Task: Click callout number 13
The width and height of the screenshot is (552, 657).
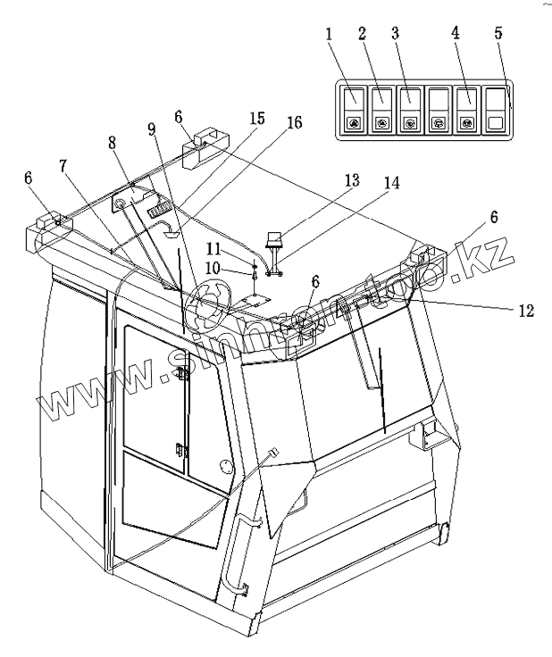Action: [353, 180]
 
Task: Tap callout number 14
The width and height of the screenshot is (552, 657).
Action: [391, 183]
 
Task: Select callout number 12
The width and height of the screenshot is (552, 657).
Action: [526, 311]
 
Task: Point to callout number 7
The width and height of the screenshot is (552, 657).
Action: [63, 166]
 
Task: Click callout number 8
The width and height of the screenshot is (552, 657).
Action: [112, 143]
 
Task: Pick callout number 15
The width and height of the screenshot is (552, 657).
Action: [257, 118]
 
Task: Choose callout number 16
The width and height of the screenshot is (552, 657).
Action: [294, 122]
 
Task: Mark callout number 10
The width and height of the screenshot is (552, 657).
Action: [213, 269]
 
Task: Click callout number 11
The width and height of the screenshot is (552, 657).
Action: [213, 250]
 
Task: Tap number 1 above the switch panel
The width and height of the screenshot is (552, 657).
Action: [329, 34]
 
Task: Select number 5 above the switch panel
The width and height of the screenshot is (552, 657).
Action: [498, 33]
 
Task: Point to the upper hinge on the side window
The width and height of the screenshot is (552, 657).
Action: [182, 372]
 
